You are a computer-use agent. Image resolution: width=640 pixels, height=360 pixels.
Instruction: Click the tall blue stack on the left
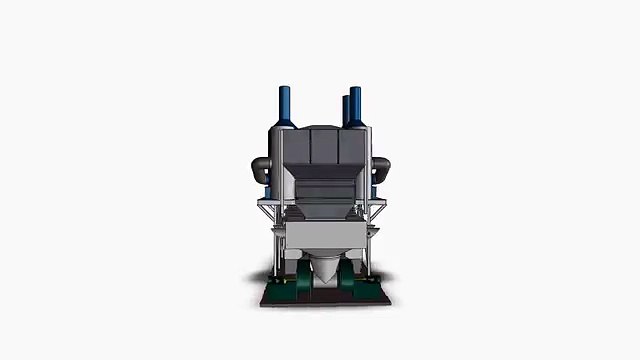pos(284,105)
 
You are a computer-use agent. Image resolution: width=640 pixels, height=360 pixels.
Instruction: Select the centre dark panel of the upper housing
pos(321,149)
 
